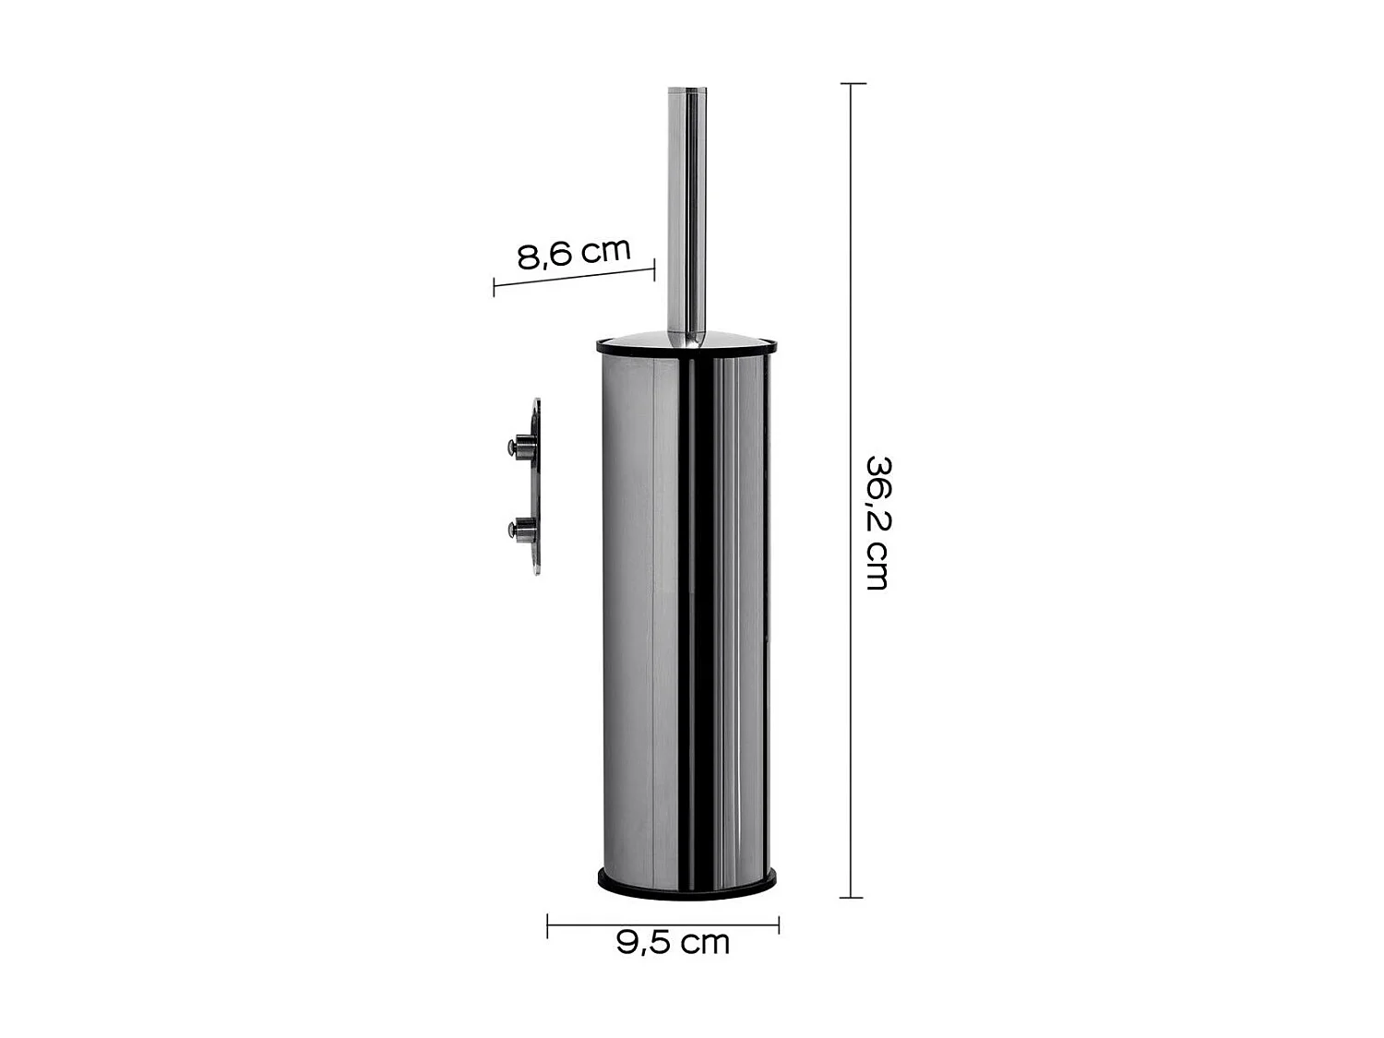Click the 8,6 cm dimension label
pos(574,252)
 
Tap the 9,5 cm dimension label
pos(674,942)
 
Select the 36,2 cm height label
pos(877,522)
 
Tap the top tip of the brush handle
pos(686,89)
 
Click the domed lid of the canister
pos(686,340)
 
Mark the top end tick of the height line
pos(852,84)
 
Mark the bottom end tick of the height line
pos(852,897)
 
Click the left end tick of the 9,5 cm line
pos(548,925)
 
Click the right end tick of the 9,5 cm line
pos(779,925)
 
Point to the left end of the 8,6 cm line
pos(495,286)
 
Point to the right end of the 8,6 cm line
pos(654,268)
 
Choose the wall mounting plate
pos(535,487)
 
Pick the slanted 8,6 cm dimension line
pos(574,277)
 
